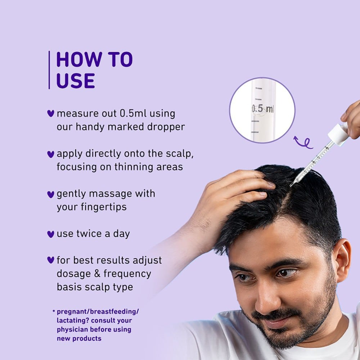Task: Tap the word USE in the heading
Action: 76,81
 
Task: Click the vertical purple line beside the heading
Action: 49,70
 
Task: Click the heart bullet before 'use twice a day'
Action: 50,234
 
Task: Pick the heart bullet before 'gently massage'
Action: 50,194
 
